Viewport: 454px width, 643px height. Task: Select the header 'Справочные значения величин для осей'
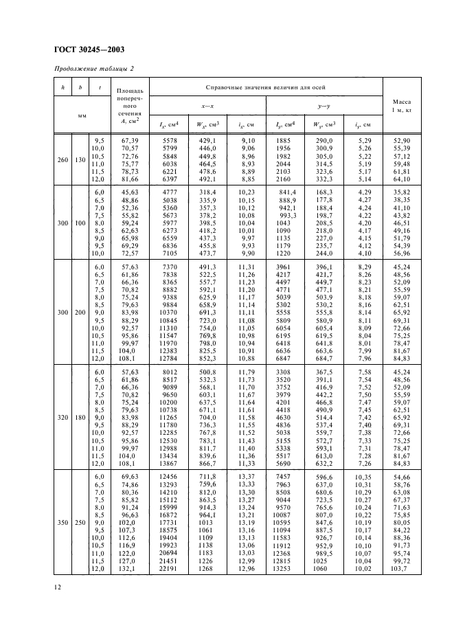266,87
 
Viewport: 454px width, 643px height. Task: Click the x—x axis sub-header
207,106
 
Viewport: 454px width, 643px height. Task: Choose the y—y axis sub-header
324,106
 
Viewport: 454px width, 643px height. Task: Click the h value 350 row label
63,522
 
